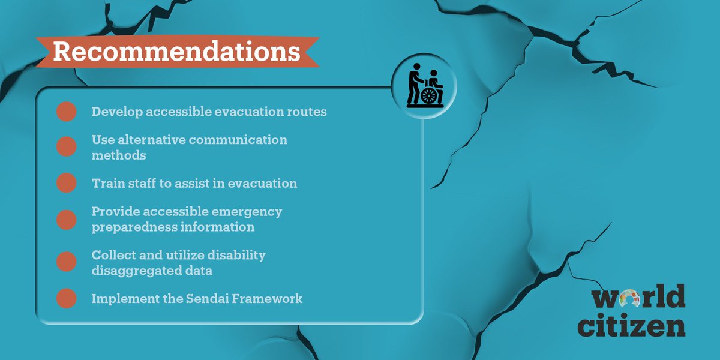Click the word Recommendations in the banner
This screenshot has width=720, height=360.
[x=176, y=52]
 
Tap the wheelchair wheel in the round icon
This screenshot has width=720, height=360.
[x=430, y=96]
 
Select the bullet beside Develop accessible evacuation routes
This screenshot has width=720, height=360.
[x=66, y=112]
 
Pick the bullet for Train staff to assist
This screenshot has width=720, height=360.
[x=66, y=183]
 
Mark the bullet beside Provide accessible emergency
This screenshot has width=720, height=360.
[x=66, y=219]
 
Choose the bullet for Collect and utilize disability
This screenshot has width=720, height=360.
[x=66, y=262]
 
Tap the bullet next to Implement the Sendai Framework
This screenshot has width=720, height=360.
[x=66, y=298]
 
